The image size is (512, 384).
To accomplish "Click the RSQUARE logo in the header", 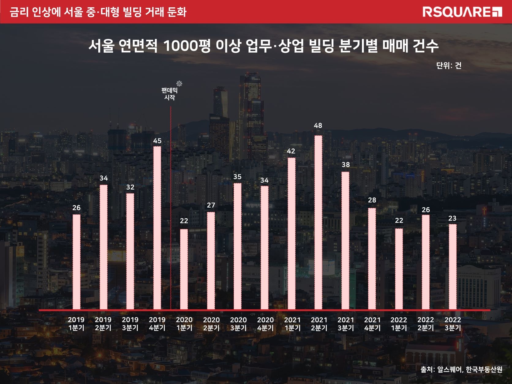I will click(x=462, y=12).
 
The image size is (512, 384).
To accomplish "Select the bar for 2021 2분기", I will click(x=318, y=222).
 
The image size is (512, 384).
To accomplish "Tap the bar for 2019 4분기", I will click(x=157, y=228).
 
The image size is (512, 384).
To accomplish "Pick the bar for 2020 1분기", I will click(x=184, y=269).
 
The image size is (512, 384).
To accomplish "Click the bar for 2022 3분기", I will click(x=453, y=266).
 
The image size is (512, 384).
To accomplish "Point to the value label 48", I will click(x=318, y=126).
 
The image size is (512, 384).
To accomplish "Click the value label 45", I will click(x=157, y=141).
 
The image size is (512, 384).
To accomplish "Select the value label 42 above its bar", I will click(x=291, y=151).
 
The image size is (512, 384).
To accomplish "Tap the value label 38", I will click(x=346, y=165).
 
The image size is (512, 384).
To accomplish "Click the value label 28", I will click(x=372, y=200).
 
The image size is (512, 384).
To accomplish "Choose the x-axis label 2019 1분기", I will click(x=76, y=324).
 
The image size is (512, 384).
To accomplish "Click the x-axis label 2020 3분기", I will click(x=238, y=324).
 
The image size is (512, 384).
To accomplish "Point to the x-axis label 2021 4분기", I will click(x=372, y=324).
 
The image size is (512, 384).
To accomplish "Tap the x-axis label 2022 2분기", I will click(x=426, y=324).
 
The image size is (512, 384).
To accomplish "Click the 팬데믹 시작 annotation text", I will click(x=169, y=94).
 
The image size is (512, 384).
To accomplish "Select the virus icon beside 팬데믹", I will click(x=179, y=84).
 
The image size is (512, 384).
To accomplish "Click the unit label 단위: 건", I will click(x=449, y=66).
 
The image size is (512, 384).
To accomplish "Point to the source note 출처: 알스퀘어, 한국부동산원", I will click(x=461, y=370).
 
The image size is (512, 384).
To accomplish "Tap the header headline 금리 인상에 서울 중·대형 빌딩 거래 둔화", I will click(x=98, y=12).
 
